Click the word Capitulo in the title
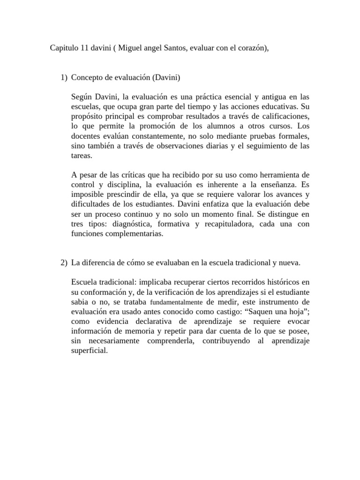(64, 49)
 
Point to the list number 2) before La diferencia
(64, 263)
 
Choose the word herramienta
(277, 175)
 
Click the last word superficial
(90, 351)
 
